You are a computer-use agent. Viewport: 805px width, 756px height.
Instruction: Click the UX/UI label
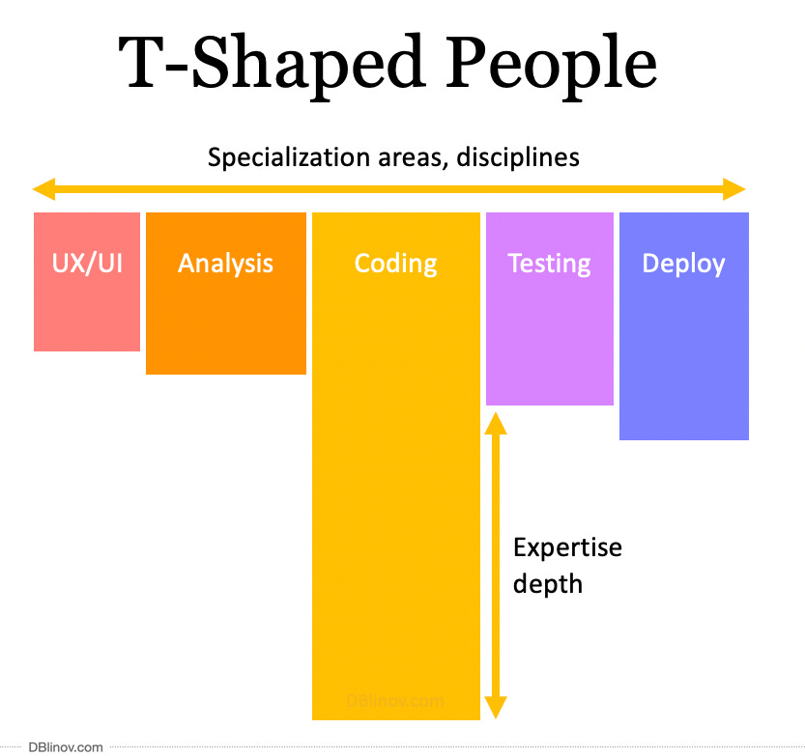[x=87, y=263]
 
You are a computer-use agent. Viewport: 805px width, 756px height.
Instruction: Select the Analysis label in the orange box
[x=225, y=263]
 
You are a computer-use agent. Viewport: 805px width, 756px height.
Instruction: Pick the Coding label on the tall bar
[x=395, y=263]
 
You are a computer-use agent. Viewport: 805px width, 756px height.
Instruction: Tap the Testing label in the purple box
[x=549, y=263]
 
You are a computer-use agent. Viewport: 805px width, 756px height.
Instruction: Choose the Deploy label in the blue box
[x=683, y=263]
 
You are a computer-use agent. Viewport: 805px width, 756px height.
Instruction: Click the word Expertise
[x=567, y=547]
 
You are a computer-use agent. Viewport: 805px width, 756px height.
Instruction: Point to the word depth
[x=547, y=583]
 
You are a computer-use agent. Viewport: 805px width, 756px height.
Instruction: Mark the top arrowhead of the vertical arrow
[x=495, y=422]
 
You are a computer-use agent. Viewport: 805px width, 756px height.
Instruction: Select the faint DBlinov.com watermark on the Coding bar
[x=395, y=702]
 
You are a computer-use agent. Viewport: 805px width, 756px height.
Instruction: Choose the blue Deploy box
[x=683, y=367]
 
